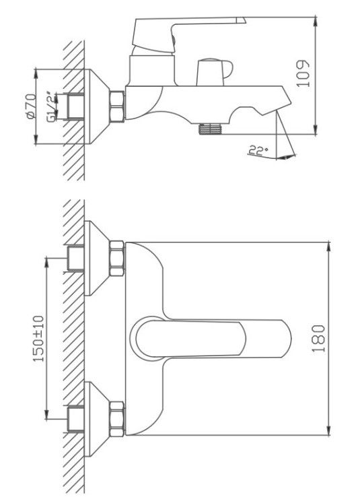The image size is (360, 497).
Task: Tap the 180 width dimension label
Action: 318,338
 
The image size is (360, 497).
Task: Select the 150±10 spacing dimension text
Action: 38,339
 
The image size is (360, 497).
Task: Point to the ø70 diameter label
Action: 31,106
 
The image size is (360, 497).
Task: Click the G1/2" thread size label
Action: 50,107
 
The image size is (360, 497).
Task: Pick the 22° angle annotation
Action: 258,150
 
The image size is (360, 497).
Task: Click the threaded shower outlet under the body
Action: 211,129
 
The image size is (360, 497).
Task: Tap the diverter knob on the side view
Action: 214,72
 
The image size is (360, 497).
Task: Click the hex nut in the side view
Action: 117,106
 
